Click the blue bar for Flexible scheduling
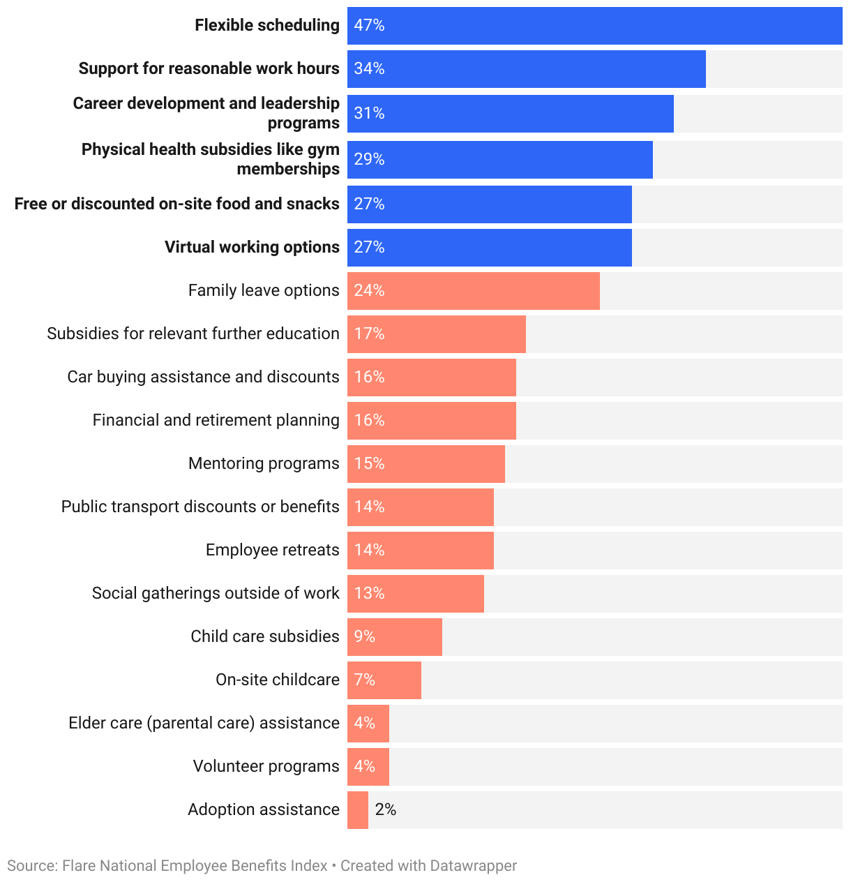[593, 26]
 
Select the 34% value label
[369, 68]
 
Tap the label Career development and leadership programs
[206, 113]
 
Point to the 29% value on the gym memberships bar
[369, 159]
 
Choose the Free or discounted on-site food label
[177, 204]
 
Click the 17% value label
[369, 334]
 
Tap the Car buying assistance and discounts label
[203, 377]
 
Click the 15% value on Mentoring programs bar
[369, 463]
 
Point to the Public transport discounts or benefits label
[200, 507]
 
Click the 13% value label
[369, 593]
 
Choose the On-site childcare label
[277, 680]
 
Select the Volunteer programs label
[266, 766]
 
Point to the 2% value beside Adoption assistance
[385, 809]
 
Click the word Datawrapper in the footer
[473, 866]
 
